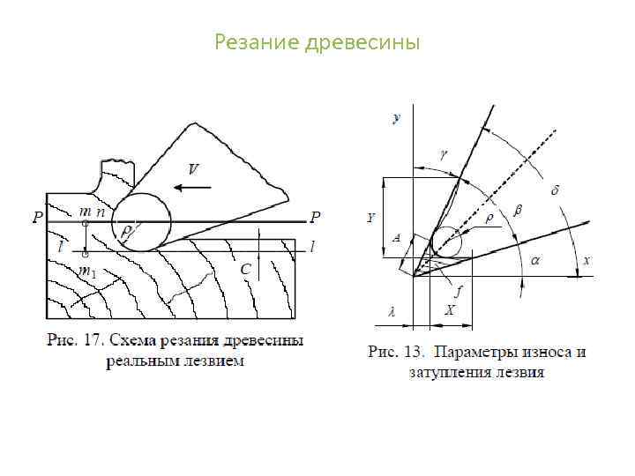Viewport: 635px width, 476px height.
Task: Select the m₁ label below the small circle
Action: click(x=88, y=273)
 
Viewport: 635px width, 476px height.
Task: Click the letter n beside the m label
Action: click(x=101, y=212)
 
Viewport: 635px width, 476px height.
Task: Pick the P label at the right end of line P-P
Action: click(x=316, y=217)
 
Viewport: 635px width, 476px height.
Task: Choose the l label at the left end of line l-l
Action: click(x=59, y=248)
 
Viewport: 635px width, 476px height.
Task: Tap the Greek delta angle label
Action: click(x=556, y=190)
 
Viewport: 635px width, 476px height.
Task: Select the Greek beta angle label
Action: click(x=518, y=212)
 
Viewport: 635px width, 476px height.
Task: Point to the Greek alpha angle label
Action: click(x=536, y=260)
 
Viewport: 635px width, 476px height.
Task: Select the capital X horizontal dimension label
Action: click(x=450, y=310)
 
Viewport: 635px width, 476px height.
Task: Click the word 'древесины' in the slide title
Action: click(x=362, y=42)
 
